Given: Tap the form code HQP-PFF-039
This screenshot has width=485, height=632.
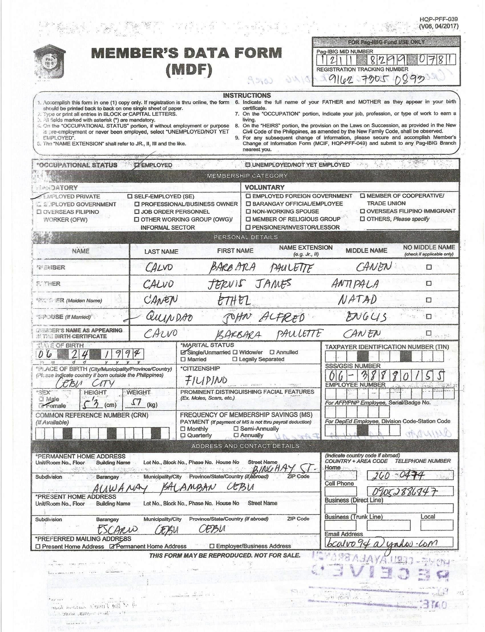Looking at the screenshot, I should tap(438, 19).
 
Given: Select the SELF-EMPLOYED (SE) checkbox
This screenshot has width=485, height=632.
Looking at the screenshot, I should tap(130, 197).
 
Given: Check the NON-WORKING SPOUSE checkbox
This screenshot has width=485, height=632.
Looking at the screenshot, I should tap(248, 211).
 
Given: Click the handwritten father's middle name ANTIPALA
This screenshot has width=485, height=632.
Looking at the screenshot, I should tap(355, 284).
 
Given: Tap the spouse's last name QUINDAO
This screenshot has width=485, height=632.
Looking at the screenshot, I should tap(165, 317).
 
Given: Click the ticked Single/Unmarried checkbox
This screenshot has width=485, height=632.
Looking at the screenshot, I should tap(183, 352).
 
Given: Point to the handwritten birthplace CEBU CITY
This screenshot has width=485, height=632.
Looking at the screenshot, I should tap(85, 383).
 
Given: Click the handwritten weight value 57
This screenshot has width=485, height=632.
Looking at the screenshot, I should tap(135, 403).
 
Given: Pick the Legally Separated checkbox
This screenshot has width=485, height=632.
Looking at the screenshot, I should tap(235, 359).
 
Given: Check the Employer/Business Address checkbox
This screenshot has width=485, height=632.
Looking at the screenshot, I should tap(212, 546).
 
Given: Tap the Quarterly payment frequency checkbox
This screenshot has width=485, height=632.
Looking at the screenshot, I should tap(183, 435).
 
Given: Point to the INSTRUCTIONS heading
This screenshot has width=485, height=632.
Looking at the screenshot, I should tap(247, 96).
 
